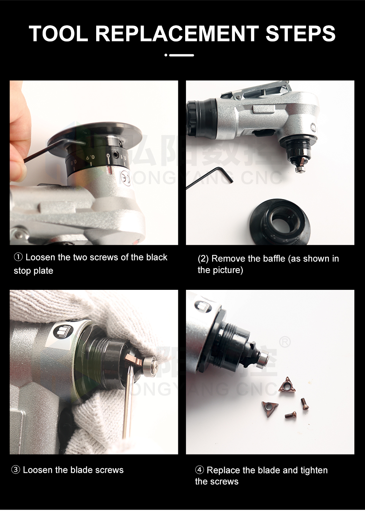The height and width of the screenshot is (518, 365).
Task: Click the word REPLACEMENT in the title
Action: point(177,33)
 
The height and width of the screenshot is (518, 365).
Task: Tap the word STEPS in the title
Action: point(301,33)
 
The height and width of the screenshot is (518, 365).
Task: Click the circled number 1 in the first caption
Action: point(18,257)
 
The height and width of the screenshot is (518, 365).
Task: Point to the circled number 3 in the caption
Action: point(16,470)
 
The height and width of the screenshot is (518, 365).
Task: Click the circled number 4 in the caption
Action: point(199,470)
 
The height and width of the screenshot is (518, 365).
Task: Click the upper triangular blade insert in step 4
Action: point(287,385)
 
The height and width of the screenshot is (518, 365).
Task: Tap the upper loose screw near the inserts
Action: point(305,403)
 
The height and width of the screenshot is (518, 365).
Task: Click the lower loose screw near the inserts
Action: point(291,415)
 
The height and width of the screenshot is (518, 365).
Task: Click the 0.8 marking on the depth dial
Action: point(74,162)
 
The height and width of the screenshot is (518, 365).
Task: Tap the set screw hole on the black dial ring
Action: point(115,154)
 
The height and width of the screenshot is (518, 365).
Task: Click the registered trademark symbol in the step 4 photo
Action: point(285,342)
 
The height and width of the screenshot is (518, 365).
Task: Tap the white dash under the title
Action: point(181,55)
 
